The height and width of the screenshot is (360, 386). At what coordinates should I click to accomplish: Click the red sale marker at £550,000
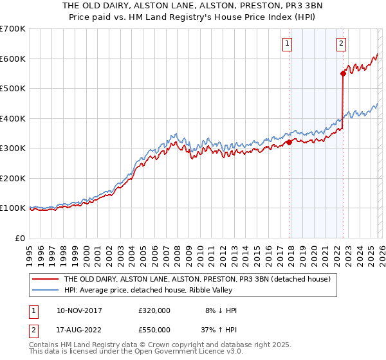(343, 74)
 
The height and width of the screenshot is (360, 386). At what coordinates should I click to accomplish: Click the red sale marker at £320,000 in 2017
(289, 143)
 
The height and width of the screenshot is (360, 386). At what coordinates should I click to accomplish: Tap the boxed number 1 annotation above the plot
(286, 44)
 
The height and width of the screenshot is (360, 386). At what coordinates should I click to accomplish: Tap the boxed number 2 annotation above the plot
(340, 44)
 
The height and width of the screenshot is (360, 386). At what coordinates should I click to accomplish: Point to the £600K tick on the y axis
(13, 59)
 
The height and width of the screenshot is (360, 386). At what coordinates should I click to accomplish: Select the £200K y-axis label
(13, 178)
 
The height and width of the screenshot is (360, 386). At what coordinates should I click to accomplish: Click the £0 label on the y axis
(19, 238)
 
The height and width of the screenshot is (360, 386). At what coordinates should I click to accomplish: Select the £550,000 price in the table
(154, 329)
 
